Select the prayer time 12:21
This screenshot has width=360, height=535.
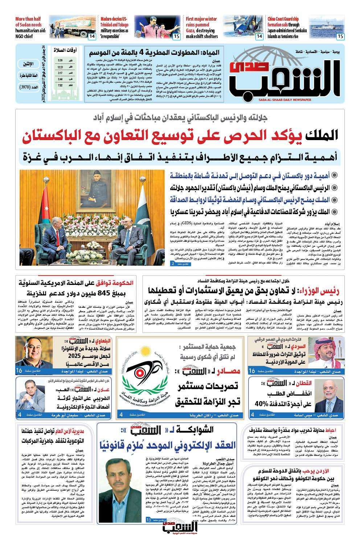coord(60,67)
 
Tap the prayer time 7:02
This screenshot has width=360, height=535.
coord(60,85)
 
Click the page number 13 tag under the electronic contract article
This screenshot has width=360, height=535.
coord(149,520)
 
